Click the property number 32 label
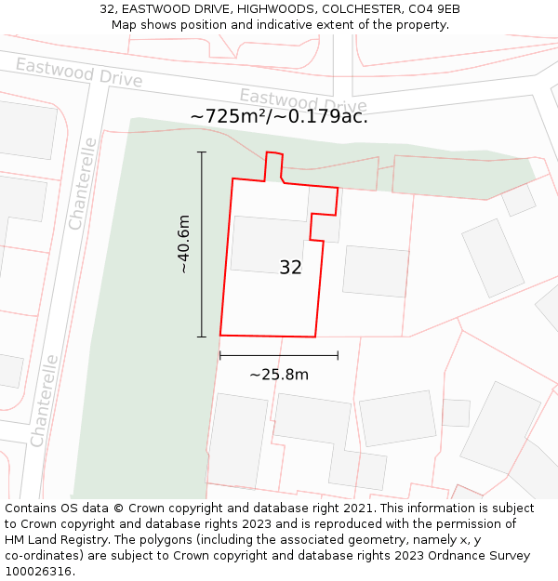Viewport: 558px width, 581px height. coord(290,268)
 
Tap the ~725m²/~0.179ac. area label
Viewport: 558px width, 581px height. coord(279,117)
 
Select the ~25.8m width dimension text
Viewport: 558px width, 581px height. coord(279,375)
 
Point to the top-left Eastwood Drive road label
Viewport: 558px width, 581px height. coord(79,72)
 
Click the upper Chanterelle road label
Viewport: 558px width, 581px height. coord(83,183)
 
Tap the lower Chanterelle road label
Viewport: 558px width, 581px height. coord(45,401)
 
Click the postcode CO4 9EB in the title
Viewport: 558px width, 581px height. coord(433,9)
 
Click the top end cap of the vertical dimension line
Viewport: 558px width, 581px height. coord(202,152)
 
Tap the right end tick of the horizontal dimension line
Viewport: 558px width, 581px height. coord(338,355)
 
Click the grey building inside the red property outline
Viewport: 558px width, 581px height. coord(268,244)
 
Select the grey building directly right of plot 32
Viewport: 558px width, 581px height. coord(376,271)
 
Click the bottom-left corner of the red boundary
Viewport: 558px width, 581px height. coord(220,335)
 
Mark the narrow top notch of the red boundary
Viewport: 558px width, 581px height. coord(273,165)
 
